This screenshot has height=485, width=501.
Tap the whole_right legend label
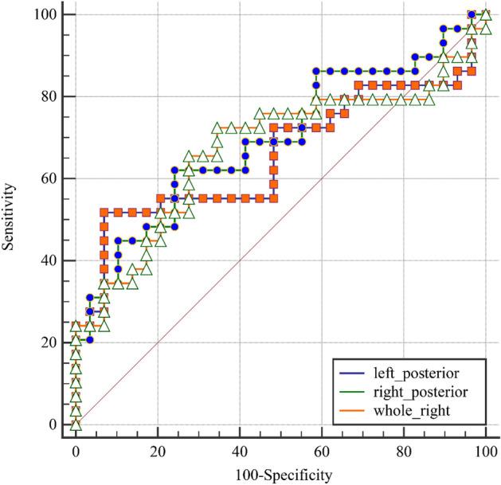tap(405, 411)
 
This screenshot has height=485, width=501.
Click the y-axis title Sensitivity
tap(10, 217)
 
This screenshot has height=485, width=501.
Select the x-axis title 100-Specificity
tap(281, 475)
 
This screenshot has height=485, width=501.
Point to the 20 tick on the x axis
tap(158, 451)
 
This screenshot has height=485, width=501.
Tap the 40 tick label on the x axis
tap(240, 451)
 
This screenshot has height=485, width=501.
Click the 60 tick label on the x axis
tap(322, 451)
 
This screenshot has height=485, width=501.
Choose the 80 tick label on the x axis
tap(404, 451)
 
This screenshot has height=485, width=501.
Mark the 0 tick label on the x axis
tap(76, 451)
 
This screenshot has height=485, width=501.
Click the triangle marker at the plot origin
tap(76, 424)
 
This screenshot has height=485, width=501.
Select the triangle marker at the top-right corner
tap(486, 14)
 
